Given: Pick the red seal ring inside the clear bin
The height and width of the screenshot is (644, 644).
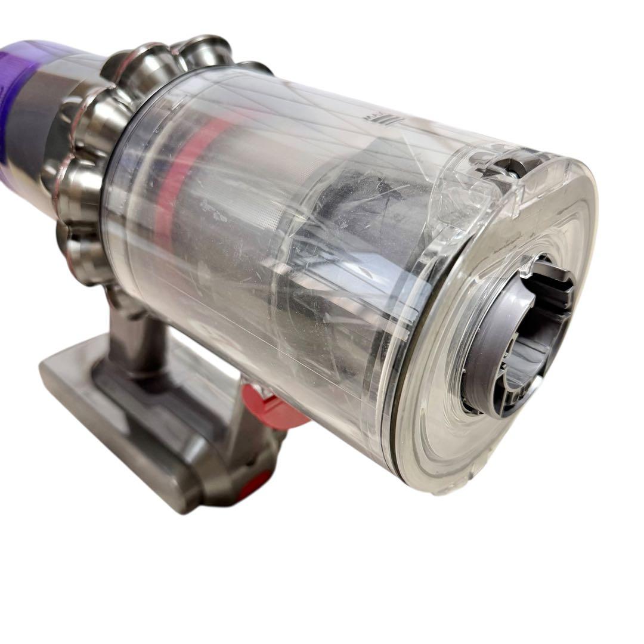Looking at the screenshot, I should [179, 179].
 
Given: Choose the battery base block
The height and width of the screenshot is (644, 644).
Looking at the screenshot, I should [119, 417].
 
